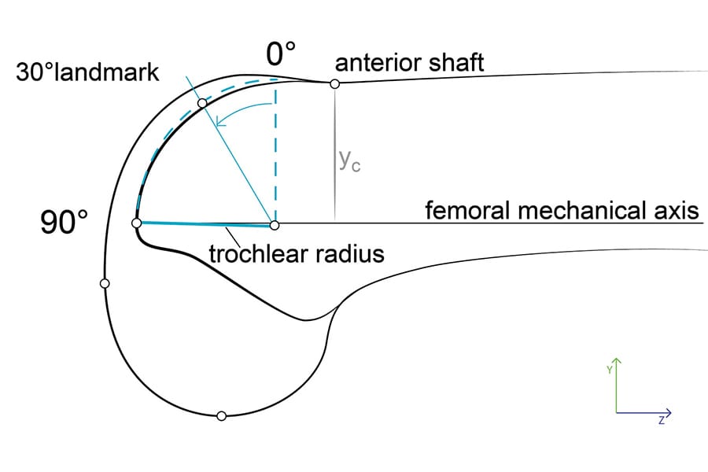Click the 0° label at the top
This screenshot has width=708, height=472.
pos(281,55)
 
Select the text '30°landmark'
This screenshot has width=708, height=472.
pos(87,73)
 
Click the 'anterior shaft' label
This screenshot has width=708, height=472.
pos(410,62)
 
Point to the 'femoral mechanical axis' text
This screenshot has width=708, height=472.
pos(562,211)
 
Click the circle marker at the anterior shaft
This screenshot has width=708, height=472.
pos(334,83)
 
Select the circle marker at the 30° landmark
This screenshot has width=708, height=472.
pos(202,103)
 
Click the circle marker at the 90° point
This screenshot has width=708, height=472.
pos(137,224)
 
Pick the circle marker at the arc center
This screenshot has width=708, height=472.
pos(275,226)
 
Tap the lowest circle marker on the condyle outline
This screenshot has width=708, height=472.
pos(221,415)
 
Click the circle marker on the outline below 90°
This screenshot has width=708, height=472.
pos(105,283)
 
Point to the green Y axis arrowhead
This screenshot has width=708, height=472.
pos(617,362)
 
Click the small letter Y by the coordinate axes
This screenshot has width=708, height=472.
pos(609,368)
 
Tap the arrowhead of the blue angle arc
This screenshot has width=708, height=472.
pos(223,121)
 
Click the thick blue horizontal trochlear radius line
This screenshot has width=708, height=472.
pos(205,224)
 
